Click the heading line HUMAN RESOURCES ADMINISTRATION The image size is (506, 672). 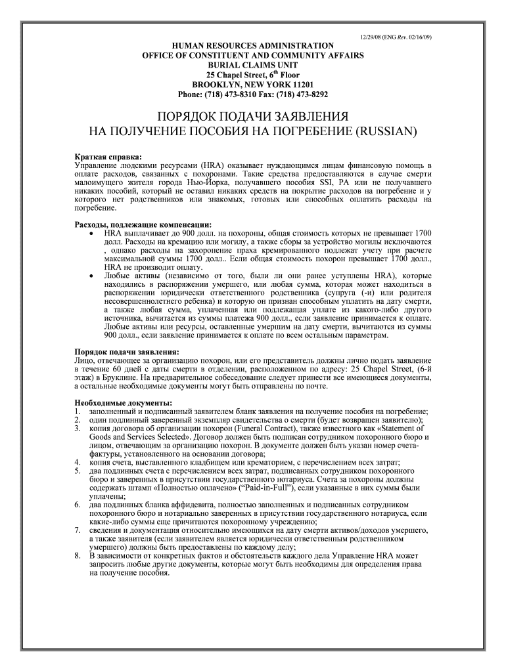click(252, 45)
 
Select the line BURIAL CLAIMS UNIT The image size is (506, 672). click(252, 66)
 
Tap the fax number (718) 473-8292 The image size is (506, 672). click(311, 94)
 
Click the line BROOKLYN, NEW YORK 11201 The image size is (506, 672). click(252, 85)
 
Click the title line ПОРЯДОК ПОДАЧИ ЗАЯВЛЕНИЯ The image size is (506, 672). click(252, 116)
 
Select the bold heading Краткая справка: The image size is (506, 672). click(107, 157)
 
